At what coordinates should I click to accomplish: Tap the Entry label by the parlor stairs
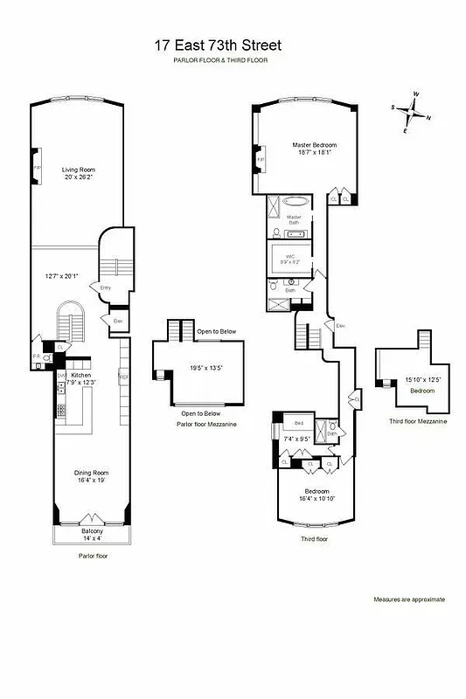pos(106,287)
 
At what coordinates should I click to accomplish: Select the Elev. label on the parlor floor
pos(118,321)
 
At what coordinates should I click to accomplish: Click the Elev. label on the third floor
pos(341,326)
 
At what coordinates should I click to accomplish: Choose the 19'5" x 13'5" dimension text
pos(207,368)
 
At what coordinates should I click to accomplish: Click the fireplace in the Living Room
pos(37,167)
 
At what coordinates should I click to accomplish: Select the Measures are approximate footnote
pos(409,599)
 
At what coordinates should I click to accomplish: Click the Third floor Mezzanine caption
pos(419,421)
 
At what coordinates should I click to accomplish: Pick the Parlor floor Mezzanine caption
pos(206,424)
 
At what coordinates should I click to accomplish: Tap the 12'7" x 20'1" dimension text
pos(64,277)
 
